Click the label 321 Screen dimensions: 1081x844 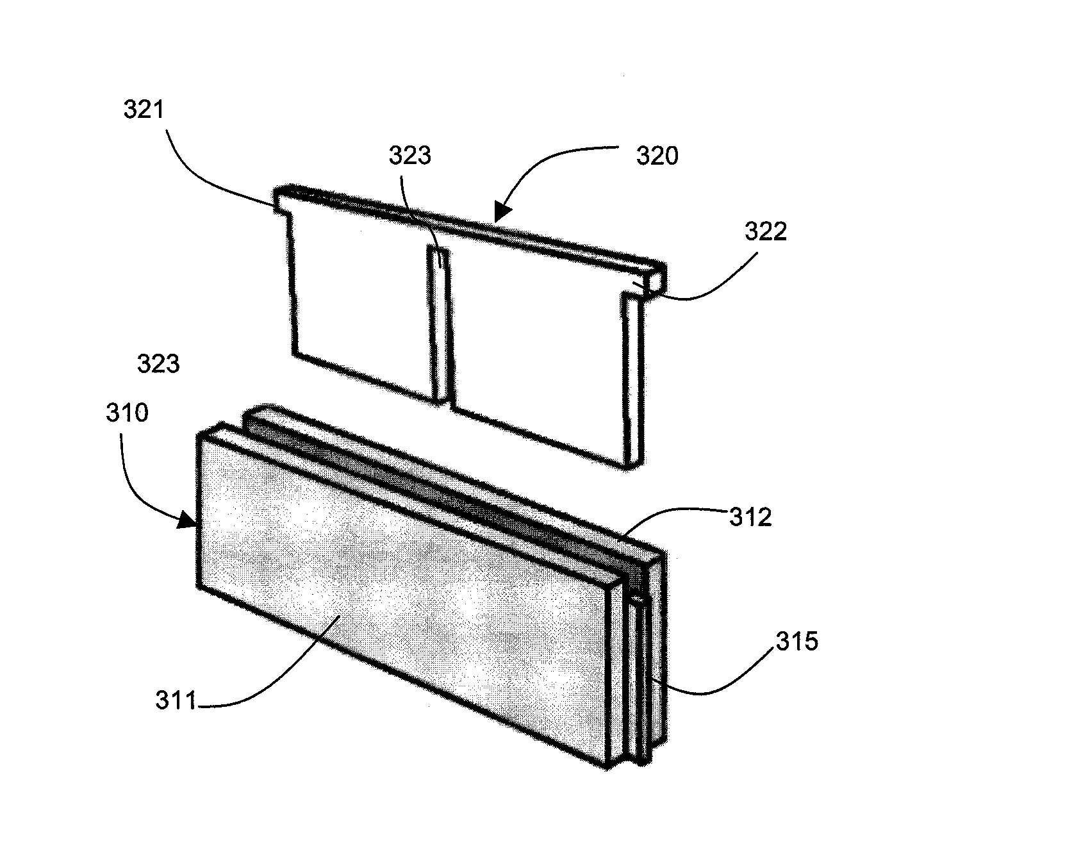[x=144, y=110]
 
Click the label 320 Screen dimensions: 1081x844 [x=657, y=156]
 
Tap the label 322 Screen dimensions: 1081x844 [x=765, y=231]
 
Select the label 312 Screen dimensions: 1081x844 [x=750, y=517]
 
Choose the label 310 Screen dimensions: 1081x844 [x=128, y=413]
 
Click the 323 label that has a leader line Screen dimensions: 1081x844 [x=411, y=156]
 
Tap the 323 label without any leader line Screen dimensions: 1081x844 [x=158, y=364]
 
